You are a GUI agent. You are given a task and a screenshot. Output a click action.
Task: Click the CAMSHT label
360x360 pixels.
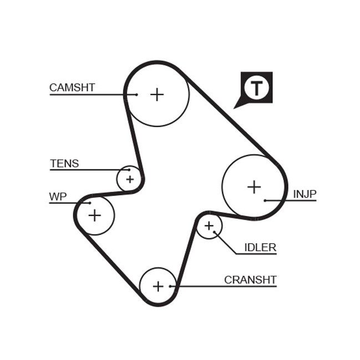(x=72, y=88)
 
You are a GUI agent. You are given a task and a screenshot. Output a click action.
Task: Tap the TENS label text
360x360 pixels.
(x=64, y=163)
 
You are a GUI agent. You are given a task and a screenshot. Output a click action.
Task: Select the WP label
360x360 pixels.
(x=58, y=197)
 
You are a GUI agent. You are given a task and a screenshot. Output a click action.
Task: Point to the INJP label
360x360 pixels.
(x=305, y=194)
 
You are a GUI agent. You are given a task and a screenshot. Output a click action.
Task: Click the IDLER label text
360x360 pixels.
(x=260, y=248)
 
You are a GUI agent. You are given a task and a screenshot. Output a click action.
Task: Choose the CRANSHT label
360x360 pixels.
(x=250, y=280)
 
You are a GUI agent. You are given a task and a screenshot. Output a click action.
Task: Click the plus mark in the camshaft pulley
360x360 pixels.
(x=157, y=94)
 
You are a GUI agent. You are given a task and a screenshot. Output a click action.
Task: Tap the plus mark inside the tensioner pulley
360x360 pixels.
(x=130, y=179)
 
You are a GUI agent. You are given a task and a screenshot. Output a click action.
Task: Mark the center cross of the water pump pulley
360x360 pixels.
(x=95, y=215)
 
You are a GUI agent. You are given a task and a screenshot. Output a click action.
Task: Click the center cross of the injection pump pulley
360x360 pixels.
(x=254, y=187)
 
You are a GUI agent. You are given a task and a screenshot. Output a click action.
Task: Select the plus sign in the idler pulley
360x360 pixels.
(x=209, y=226)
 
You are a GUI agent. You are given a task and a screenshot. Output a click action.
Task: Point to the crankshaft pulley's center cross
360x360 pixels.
(x=158, y=286)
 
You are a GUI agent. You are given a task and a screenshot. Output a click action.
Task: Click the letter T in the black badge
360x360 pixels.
(x=256, y=88)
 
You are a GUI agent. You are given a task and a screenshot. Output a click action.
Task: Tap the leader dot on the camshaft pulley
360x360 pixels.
(x=136, y=95)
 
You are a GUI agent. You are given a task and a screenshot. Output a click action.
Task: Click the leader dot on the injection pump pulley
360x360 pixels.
(x=265, y=200)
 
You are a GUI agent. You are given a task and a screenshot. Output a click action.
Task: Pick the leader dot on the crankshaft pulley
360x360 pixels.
(x=171, y=286)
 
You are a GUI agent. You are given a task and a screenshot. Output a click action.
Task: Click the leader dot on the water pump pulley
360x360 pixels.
(x=89, y=203)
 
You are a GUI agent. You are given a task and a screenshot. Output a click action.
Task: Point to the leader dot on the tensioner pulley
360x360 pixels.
(x=130, y=170)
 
